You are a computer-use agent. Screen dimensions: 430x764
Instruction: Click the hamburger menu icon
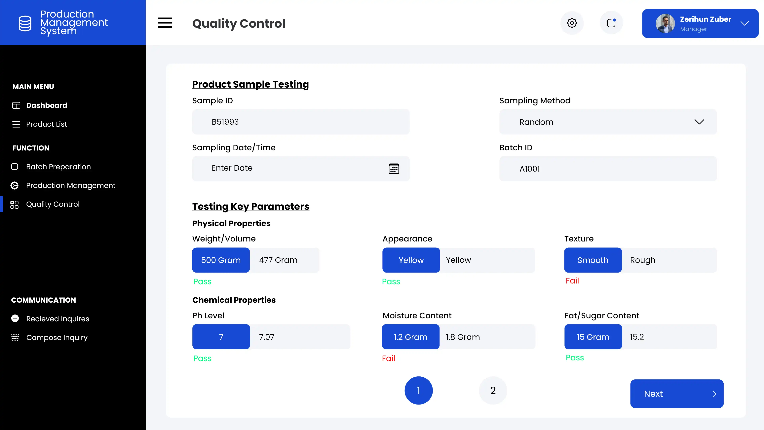[165, 23]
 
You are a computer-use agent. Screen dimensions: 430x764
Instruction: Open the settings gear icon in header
[572, 23]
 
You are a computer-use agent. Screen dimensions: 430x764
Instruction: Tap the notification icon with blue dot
[611, 23]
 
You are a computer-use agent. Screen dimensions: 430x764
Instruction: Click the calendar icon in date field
[394, 169]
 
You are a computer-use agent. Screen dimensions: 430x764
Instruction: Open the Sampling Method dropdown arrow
[699, 122]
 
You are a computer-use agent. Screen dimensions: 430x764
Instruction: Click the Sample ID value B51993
[225, 122]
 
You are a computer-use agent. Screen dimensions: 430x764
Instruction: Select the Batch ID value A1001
[529, 169]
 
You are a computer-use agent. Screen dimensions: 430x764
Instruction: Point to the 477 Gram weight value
[278, 260]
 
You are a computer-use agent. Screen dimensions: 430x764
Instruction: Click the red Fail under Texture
[572, 281]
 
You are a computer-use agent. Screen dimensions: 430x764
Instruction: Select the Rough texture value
[643, 260]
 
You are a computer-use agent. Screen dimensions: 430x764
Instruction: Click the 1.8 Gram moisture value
[463, 337]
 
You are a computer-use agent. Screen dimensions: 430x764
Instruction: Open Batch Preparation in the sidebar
[58, 167]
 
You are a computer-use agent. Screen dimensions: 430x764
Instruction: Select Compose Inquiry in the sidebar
[57, 337]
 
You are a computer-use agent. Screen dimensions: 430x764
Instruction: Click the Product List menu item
[47, 124]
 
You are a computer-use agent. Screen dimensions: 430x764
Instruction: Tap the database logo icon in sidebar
[25, 23]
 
